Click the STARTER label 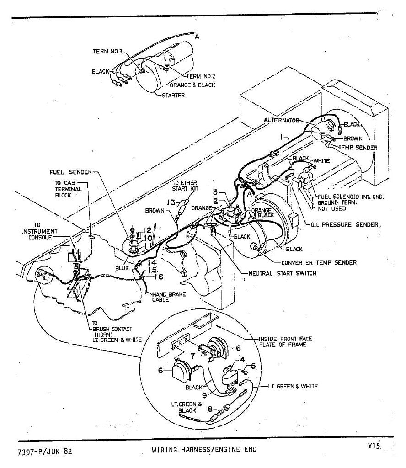[173, 96]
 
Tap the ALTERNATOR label [281, 121]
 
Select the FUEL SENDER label [71, 172]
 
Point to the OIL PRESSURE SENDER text [344, 224]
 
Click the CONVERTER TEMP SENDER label [319, 263]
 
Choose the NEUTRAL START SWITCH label [282, 273]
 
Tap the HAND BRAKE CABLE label [169, 297]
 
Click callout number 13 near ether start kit [171, 202]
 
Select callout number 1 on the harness [282, 137]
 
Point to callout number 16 [159, 277]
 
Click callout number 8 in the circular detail [210, 409]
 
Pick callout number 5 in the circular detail [253, 366]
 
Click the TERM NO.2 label [201, 76]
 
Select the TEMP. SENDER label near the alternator [358, 148]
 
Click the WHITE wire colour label [321, 161]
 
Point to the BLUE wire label [122, 268]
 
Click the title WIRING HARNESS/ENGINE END [204, 450]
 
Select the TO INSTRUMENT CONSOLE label [39, 231]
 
